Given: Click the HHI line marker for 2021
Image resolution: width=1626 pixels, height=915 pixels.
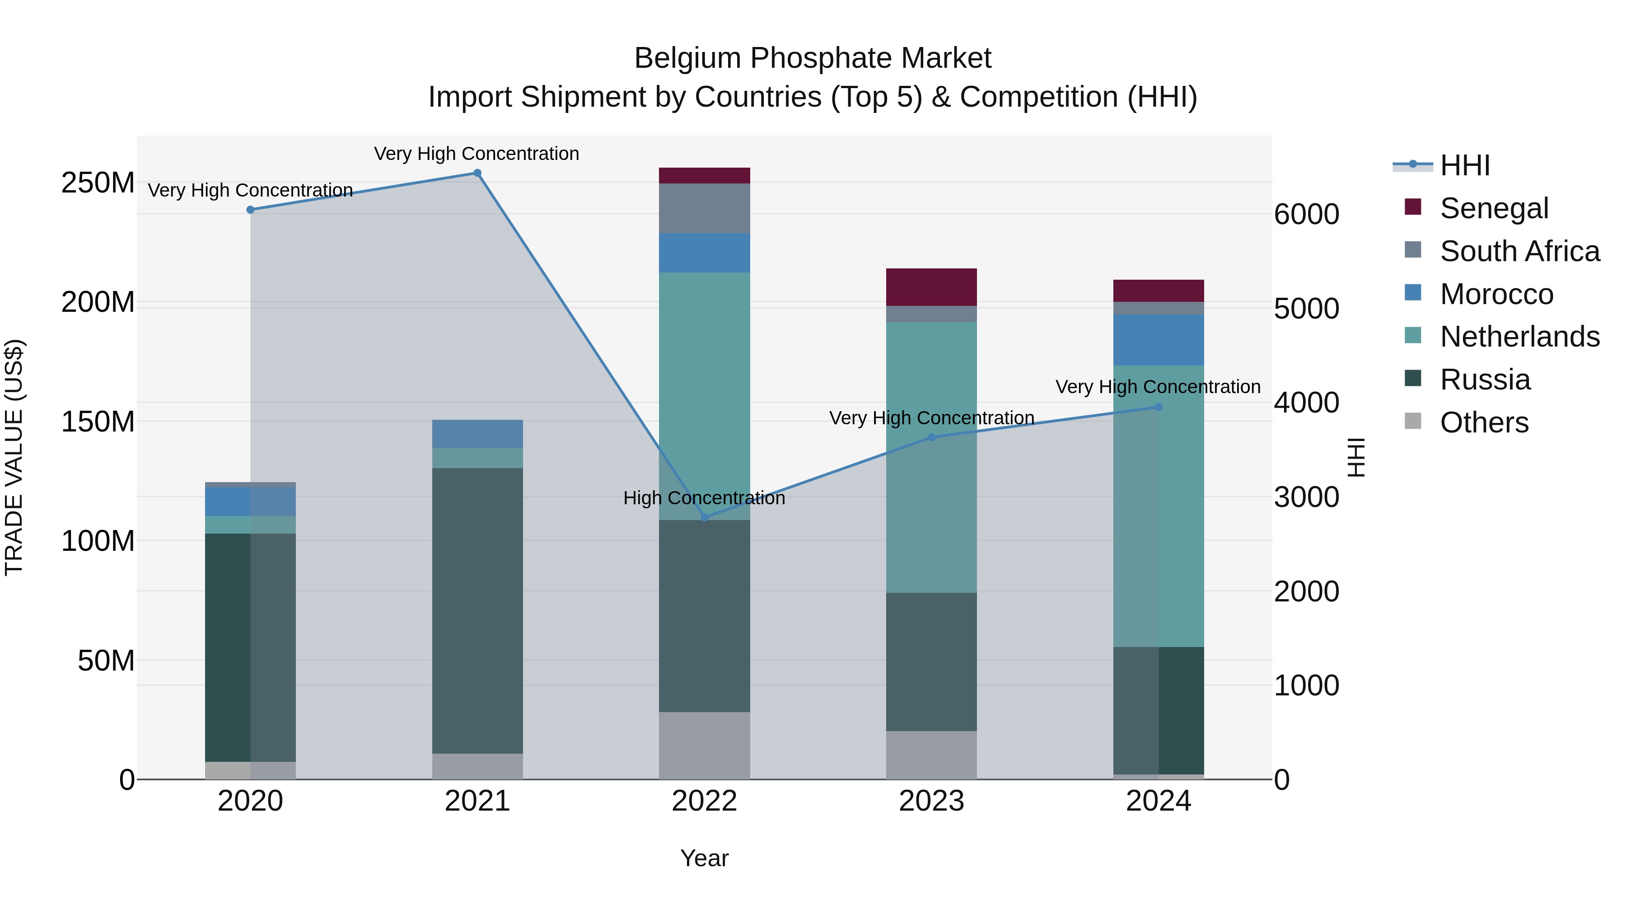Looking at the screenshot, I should point(477,173).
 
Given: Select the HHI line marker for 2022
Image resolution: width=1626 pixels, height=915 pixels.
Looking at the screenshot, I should point(705,517).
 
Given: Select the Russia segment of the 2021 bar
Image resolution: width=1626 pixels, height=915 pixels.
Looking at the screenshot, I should point(477,610).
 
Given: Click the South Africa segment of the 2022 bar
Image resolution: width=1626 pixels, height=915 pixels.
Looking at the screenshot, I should point(705,208).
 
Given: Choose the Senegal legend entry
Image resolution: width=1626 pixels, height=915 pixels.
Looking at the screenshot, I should point(1494,208).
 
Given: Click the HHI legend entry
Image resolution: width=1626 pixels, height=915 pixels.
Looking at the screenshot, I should point(1464,165).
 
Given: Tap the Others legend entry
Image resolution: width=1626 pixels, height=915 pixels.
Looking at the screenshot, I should point(1483,422).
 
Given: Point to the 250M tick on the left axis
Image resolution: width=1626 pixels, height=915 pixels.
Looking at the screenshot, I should point(98,183).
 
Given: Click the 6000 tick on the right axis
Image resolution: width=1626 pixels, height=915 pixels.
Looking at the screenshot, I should point(1306,214).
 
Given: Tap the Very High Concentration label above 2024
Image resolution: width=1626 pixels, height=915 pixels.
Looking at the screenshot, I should point(1158,386).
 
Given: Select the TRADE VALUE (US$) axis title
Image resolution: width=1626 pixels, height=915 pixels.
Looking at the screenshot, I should point(14,457).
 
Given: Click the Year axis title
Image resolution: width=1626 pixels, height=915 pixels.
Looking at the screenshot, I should point(705,858).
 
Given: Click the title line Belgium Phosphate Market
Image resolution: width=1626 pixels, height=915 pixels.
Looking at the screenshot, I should point(813,58).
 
